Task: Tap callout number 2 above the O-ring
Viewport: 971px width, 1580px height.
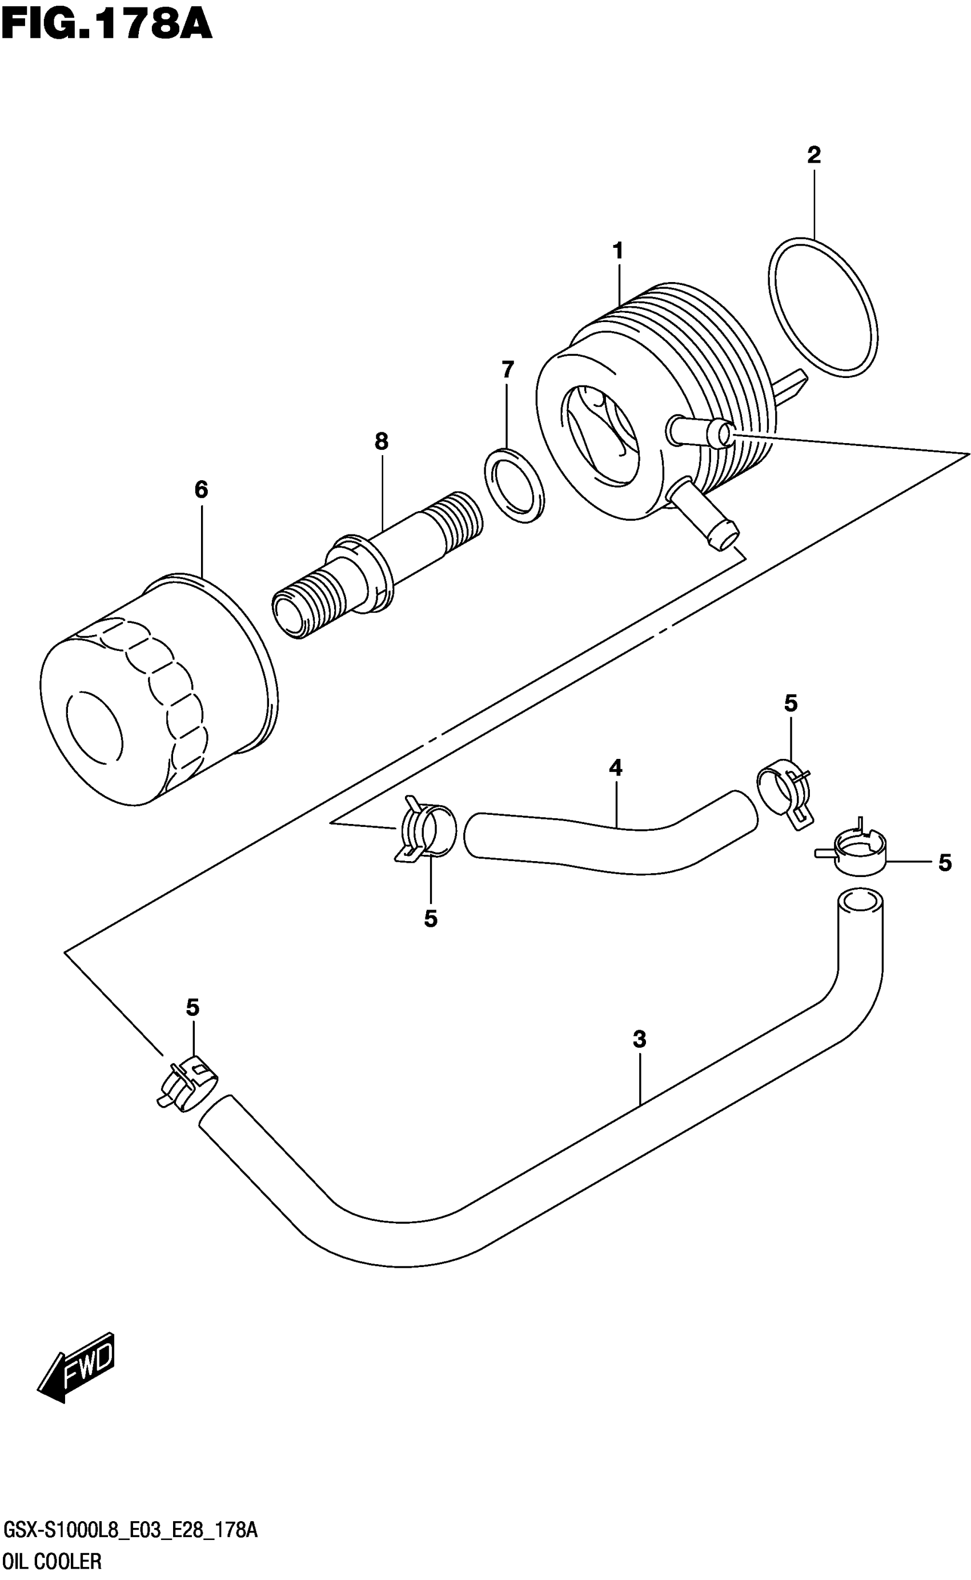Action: coord(814,155)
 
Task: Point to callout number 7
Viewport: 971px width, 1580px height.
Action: coord(507,370)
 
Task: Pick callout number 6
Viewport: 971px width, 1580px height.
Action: coord(201,490)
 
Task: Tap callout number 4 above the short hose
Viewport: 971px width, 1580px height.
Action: coord(615,767)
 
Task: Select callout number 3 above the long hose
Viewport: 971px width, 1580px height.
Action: coord(639,1039)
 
